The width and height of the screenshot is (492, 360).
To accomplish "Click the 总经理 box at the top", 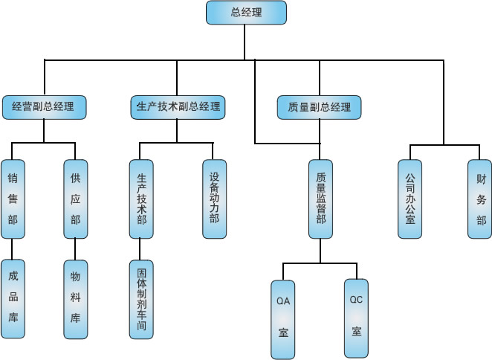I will (x=245, y=13).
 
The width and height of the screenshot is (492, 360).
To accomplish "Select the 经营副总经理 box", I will (x=43, y=107).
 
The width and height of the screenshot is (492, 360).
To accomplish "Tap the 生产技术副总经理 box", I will (x=176, y=107).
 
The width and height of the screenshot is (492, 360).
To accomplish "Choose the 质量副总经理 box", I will (x=319, y=107).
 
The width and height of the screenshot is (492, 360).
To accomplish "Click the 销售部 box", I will (x=13, y=199).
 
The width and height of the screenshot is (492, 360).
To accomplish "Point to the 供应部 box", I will (x=75, y=199).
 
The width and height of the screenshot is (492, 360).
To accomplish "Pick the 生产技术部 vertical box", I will (x=141, y=199).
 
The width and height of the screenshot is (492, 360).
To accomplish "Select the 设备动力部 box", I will (x=214, y=199).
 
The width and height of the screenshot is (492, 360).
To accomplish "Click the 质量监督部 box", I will (x=320, y=199).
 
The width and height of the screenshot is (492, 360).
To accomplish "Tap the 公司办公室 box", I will (x=410, y=199).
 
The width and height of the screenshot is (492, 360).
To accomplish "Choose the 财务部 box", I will (x=480, y=199).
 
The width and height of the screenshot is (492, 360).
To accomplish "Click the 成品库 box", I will (x=13, y=299).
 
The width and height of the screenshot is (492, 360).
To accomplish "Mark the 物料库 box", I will (x=75, y=299).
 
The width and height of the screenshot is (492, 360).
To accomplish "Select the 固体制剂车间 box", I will (x=141, y=299).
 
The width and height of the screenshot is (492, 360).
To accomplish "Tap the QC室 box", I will (x=356, y=318).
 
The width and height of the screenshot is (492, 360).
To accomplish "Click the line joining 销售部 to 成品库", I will (x=13, y=249).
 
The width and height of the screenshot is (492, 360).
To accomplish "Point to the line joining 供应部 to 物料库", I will (x=75, y=249).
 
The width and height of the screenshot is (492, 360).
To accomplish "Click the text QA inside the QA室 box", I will (x=283, y=302).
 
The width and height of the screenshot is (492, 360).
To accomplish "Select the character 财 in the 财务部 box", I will (x=480, y=179).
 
